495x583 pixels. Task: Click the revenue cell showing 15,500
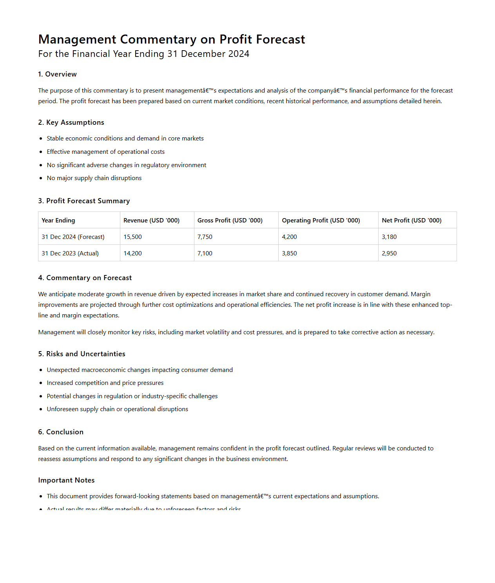click(x=132, y=237)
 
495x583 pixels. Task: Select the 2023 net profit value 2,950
click(x=389, y=253)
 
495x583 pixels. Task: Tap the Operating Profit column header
click(x=321, y=220)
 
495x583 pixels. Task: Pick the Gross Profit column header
click(x=230, y=220)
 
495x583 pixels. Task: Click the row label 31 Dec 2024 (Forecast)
click(x=73, y=237)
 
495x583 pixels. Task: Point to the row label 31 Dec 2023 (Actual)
click(x=70, y=253)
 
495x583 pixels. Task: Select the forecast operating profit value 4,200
click(x=289, y=237)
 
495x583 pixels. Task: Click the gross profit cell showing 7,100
click(x=205, y=253)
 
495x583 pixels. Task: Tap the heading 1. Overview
click(x=57, y=74)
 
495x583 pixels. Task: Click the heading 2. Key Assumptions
click(x=71, y=122)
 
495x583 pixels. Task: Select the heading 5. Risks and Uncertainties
click(x=82, y=354)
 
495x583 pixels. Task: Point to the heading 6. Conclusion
click(x=61, y=432)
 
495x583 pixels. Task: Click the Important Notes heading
click(x=66, y=480)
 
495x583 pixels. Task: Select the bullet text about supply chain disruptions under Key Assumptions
click(x=94, y=178)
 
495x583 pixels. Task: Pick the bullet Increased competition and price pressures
click(x=105, y=383)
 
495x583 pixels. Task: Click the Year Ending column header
click(x=58, y=220)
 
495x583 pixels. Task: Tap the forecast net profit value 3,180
click(x=389, y=237)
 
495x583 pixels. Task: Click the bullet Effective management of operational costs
click(x=105, y=152)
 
